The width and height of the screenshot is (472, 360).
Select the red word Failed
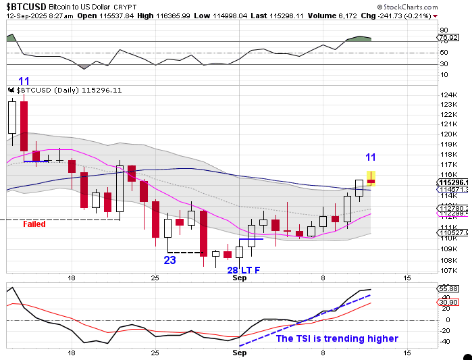click(x=34, y=224)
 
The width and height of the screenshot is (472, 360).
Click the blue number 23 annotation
click(x=169, y=259)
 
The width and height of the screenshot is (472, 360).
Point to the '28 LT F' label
click(x=244, y=270)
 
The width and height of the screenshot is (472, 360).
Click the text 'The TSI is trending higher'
click(x=337, y=338)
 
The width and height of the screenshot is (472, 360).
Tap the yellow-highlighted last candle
click(x=371, y=178)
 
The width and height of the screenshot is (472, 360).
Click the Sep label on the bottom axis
click(x=239, y=353)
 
